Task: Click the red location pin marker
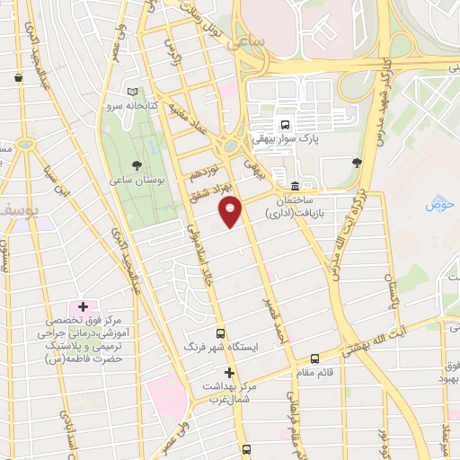(x=231, y=211)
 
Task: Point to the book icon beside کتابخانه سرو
(x=133, y=92)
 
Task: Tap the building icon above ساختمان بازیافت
(x=296, y=186)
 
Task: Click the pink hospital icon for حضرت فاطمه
(x=83, y=307)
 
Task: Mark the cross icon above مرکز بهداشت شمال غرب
(x=229, y=372)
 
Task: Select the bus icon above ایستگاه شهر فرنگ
(x=221, y=332)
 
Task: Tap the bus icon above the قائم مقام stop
(x=314, y=358)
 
